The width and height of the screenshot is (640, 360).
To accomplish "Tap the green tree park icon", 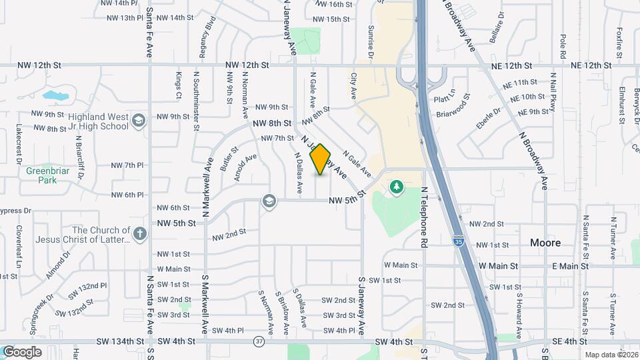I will pos(397,186).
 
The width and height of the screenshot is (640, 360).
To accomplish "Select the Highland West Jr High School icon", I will pos(138,121).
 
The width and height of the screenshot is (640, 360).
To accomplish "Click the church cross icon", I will pos(139,233).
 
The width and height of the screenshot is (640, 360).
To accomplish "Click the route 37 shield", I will pos(258,341).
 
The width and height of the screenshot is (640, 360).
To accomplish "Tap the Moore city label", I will pos(545,243).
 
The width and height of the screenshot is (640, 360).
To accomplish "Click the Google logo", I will pos(22,351).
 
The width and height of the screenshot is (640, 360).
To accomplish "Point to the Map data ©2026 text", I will pos(611,355).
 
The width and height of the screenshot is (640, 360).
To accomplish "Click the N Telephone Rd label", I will pos(424,217).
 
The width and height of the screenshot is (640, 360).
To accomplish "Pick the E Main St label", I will pos(569,265).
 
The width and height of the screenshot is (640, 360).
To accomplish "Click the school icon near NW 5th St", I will pos(269,201).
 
